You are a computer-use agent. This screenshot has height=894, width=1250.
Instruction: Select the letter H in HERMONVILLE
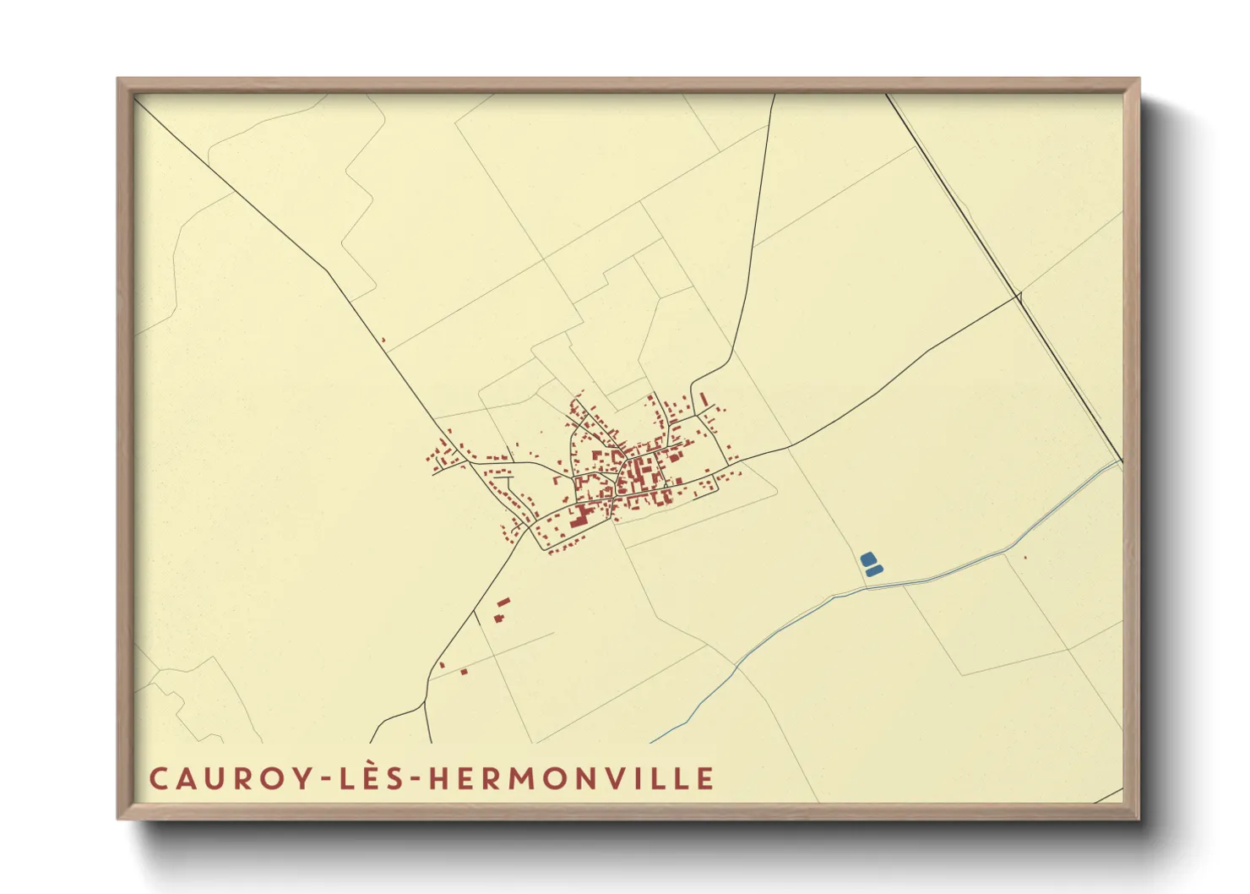pyautogui.click(x=438, y=778)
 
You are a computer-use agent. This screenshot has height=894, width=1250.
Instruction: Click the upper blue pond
pyautogui.click(x=867, y=559)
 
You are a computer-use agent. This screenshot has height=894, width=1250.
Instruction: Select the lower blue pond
pyautogui.click(x=874, y=572)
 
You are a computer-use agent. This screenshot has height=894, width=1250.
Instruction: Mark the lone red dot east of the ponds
pyautogui.click(x=1025, y=558)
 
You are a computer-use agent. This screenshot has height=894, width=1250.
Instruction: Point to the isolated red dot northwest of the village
pyautogui.click(x=383, y=341)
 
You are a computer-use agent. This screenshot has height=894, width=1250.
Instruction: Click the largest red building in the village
pyautogui.click(x=579, y=515)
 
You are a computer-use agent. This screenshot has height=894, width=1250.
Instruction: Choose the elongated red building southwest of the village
pyautogui.click(x=503, y=602)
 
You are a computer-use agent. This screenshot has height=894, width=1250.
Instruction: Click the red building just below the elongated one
pyautogui.click(x=498, y=619)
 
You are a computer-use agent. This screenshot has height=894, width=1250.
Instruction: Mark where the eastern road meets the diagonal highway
pyautogui.click(x=1020, y=295)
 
